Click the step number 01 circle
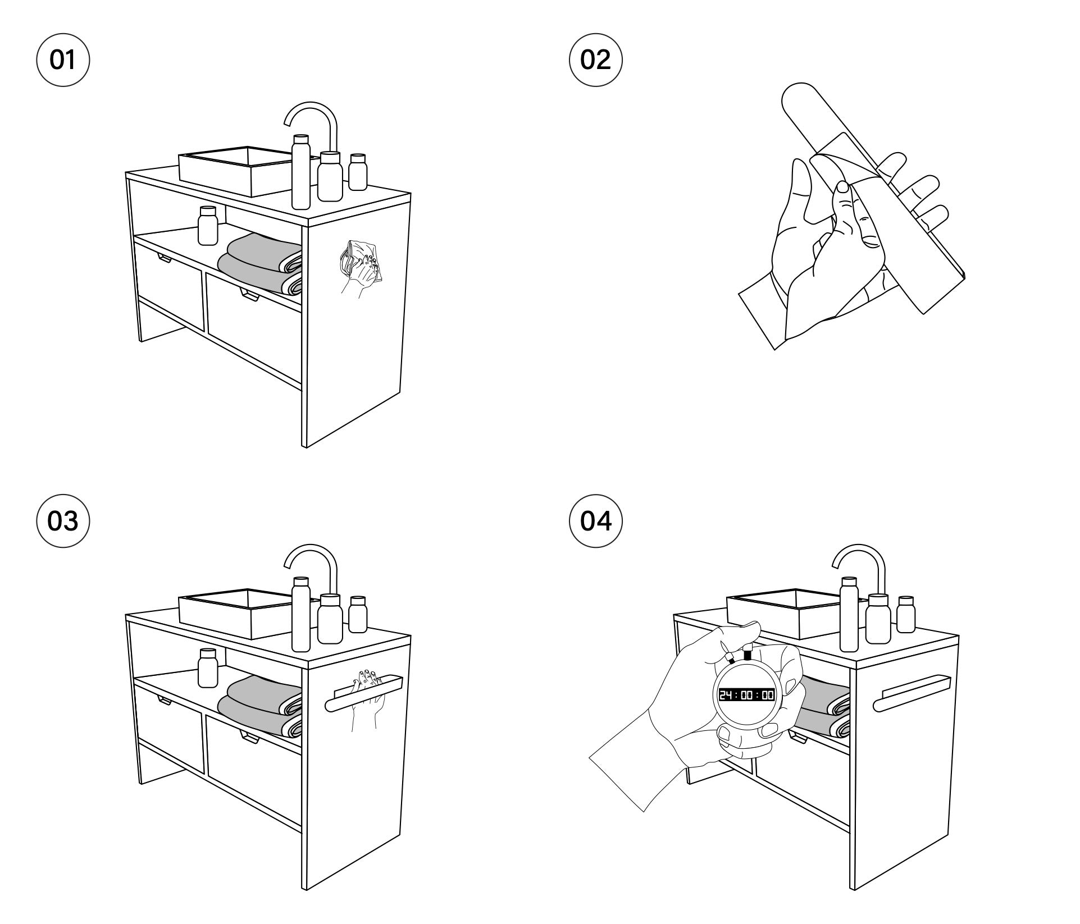[x=63, y=60]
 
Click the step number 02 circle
[x=595, y=60]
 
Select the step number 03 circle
[x=63, y=522]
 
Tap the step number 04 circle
[x=595, y=522]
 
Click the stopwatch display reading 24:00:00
[x=747, y=695]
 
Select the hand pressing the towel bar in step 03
[x=366, y=696]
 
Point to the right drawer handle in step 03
[x=250, y=736]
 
